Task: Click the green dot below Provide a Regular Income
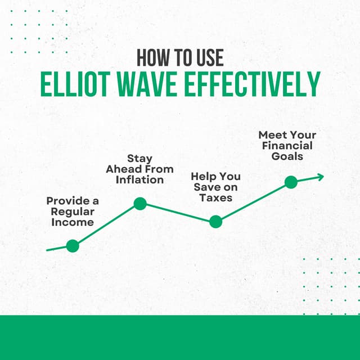click(73, 245)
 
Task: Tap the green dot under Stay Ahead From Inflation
click(140, 204)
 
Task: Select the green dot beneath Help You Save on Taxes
click(215, 222)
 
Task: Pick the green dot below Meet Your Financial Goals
click(291, 182)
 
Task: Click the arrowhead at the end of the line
click(320, 177)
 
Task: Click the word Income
click(73, 222)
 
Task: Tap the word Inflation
click(140, 180)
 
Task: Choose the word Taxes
click(215, 198)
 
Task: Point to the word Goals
click(287, 156)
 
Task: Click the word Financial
click(287, 146)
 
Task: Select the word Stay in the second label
click(140, 159)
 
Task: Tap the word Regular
click(73, 211)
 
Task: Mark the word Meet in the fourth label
click(271, 135)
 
